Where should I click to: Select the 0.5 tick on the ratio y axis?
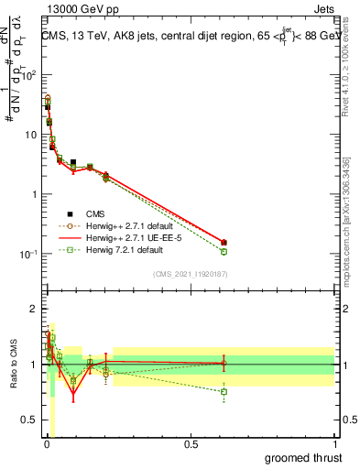(x=31, y=420)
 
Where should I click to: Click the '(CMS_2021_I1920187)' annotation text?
(x=191, y=274)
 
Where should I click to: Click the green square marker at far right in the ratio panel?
(x=224, y=392)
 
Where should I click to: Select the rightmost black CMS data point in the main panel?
(x=224, y=243)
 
